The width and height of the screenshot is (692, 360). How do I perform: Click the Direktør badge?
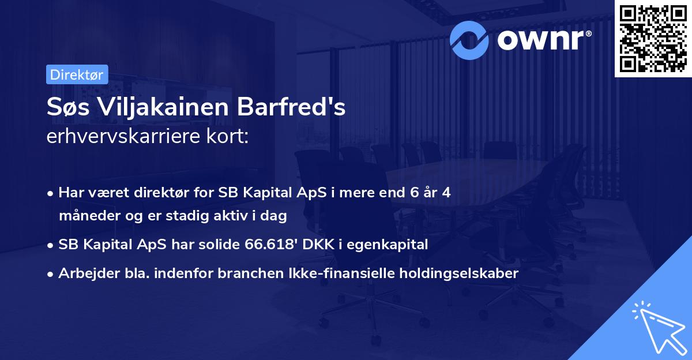76,75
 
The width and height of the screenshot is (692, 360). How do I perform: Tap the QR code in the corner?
652,38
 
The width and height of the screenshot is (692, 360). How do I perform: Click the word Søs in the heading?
68,108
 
